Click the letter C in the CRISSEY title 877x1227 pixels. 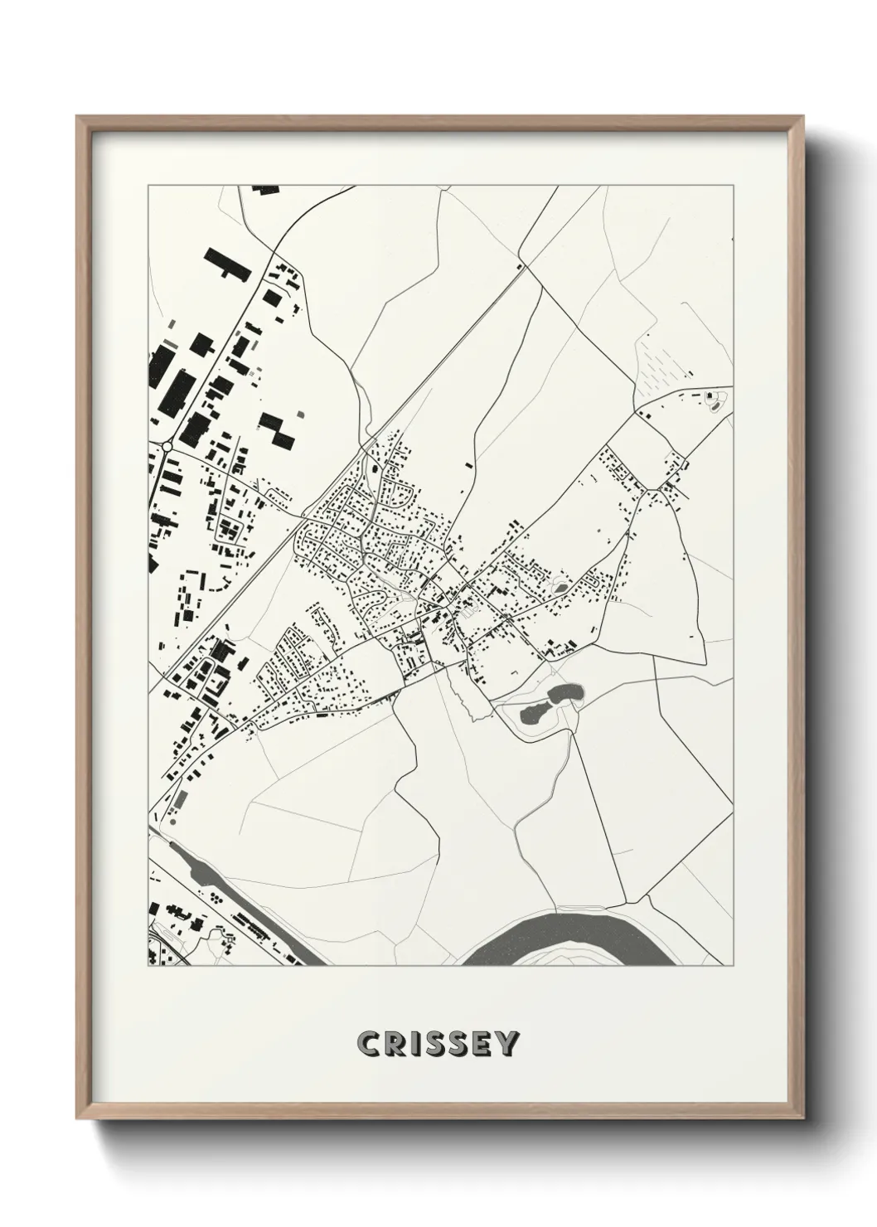367,1045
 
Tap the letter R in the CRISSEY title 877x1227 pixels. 394,1045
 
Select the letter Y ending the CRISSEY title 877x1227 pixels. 507,1045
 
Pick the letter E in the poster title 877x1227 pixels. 481,1045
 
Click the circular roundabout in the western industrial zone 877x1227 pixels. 167,446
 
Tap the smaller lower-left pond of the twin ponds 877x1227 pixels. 532,710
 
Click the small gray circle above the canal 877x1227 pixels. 172,824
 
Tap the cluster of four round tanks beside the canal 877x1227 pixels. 214,899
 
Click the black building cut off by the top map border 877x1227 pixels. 266,190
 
